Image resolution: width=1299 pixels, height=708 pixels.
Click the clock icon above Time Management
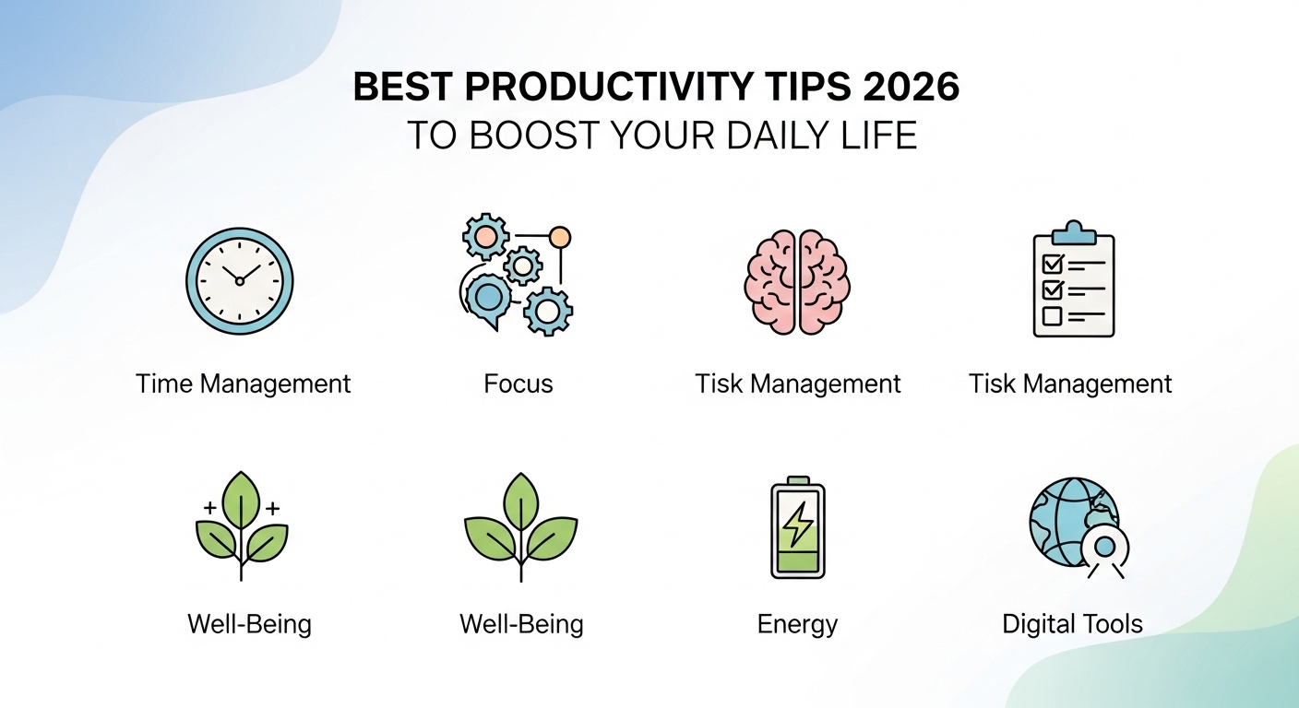click(239, 278)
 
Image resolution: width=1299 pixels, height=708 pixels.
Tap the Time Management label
click(243, 383)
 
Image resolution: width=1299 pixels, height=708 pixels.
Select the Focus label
click(518, 383)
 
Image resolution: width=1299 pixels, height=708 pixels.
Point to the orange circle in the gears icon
click(559, 238)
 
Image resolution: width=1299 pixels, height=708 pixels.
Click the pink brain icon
click(797, 280)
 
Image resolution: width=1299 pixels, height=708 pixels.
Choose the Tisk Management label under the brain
click(797, 383)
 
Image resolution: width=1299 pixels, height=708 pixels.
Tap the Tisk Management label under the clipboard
click(1070, 383)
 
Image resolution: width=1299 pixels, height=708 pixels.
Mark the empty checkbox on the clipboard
click(1052, 316)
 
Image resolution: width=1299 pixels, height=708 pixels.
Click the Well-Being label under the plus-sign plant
click(249, 624)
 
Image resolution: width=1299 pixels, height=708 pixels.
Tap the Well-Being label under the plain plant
click(521, 624)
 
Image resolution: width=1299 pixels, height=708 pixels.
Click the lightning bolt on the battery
click(797, 524)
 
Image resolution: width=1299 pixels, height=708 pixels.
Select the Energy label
click(797, 624)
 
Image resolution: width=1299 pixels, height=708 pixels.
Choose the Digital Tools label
click(1072, 624)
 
